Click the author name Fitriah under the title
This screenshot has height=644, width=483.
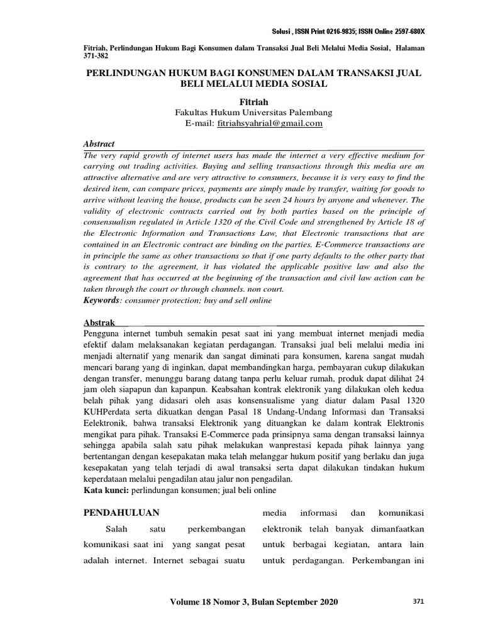pyautogui.click(x=253, y=101)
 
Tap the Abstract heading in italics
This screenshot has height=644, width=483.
pyautogui.click(x=99, y=144)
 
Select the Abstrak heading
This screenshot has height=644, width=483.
pyautogui.click(x=99, y=323)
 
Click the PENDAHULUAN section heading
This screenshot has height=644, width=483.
pyautogui.click(x=121, y=511)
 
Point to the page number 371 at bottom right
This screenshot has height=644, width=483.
pyautogui.click(x=418, y=602)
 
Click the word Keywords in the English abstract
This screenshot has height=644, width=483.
pyautogui.click(x=101, y=301)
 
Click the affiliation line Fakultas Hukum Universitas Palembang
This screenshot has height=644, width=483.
pyautogui.click(x=253, y=113)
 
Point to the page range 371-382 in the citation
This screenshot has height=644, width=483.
pyautogui.click(x=96, y=55)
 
